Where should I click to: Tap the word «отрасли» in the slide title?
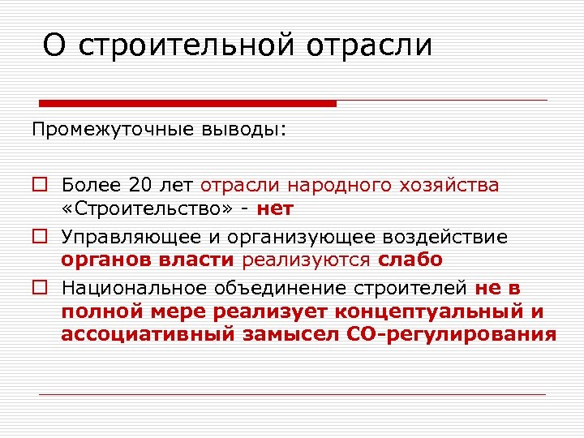[370, 45]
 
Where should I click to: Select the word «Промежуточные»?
[101, 130]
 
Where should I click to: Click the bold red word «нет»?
[275, 208]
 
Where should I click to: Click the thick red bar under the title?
[187, 103]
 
